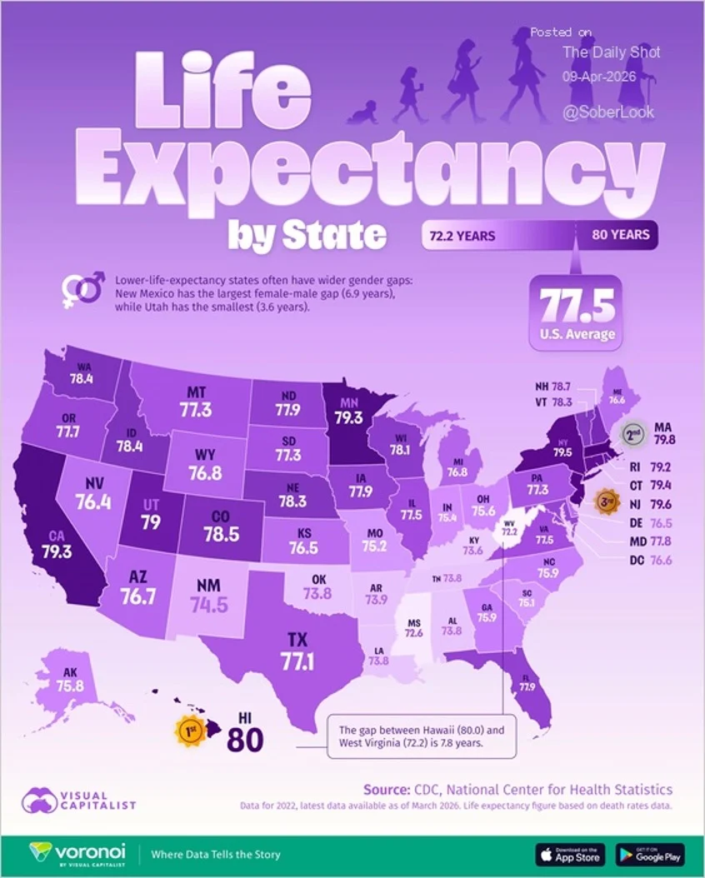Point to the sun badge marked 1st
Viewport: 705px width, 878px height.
[190, 731]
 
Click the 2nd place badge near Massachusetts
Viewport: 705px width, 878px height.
[636, 432]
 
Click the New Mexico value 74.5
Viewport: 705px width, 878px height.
[209, 596]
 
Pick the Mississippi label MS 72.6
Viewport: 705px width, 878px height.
[413, 626]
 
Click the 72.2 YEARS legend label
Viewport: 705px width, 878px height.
[462, 236]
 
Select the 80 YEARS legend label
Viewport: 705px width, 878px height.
[620, 235]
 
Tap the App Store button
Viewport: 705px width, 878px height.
[569, 854]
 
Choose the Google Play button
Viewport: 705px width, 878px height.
[650, 854]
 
